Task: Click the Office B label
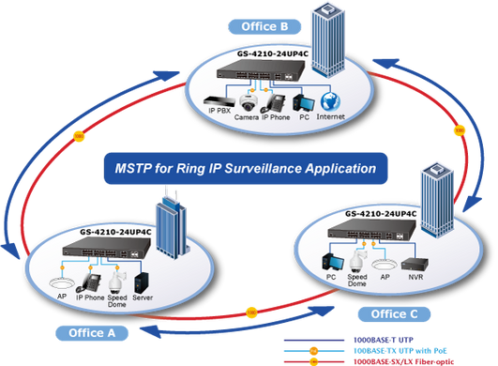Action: pyautogui.click(x=264, y=26)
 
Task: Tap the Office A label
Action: pyautogui.click(x=92, y=333)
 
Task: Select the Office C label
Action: pyautogui.click(x=394, y=314)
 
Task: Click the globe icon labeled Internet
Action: pyautogui.click(x=330, y=102)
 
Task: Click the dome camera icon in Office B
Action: pyautogui.click(x=248, y=102)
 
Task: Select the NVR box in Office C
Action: pyautogui.click(x=415, y=264)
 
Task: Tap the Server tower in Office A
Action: pyautogui.click(x=142, y=282)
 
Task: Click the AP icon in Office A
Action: pyautogui.click(x=62, y=282)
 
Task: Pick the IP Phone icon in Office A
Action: pyautogui.click(x=89, y=283)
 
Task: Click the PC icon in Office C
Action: pyautogui.click(x=333, y=263)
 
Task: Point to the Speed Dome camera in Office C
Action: pyautogui.click(x=358, y=262)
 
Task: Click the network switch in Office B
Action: pyautogui.click(x=260, y=70)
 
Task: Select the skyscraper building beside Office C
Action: pyautogui.click(x=437, y=201)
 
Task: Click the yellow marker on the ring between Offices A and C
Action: pyautogui.click(x=251, y=313)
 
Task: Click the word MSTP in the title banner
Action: pyautogui.click(x=133, y=168)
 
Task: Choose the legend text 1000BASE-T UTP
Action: pyautogui.click(x=384, y=340)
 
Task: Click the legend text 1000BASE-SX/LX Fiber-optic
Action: pyautogui.click(x=403, y=361)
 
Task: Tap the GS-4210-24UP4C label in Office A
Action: pyautogui.click(x=115, y=232)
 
